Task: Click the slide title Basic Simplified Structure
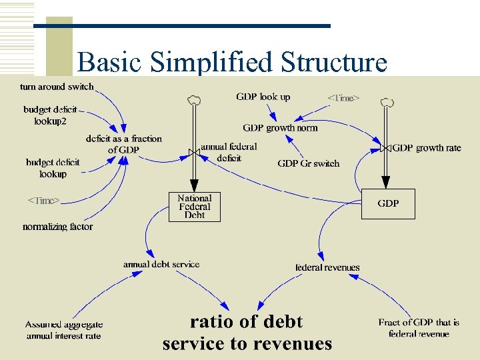pos(232,62)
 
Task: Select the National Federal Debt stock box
pos(194,207)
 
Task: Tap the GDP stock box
pos(388,204)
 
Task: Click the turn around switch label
pos(57,87)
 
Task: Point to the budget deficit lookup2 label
pos(50,115)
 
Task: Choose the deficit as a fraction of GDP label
pos(123,144)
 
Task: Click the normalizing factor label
pos(57,227)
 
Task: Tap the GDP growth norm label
pos(280,127)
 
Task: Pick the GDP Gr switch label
pos(308,163)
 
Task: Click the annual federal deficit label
pos(229,152)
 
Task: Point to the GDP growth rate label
pos(427,148)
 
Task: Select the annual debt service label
pos(161,264)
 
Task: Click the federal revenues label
pos(327,267)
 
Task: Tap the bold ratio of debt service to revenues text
pos(247,333)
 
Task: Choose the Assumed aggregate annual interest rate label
pos(64,330)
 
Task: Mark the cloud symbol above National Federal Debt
pos(194,101)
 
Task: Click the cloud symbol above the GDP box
pos(386,102)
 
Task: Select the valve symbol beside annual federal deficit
pos(194,153)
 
